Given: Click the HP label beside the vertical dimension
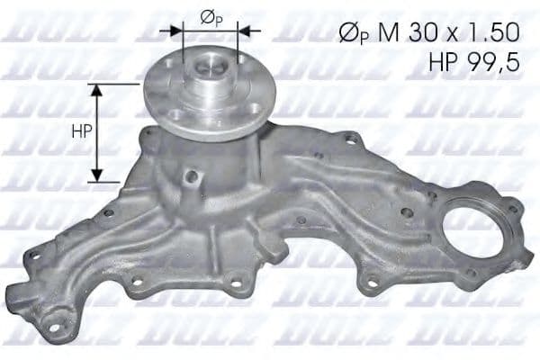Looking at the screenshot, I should [81, 130].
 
